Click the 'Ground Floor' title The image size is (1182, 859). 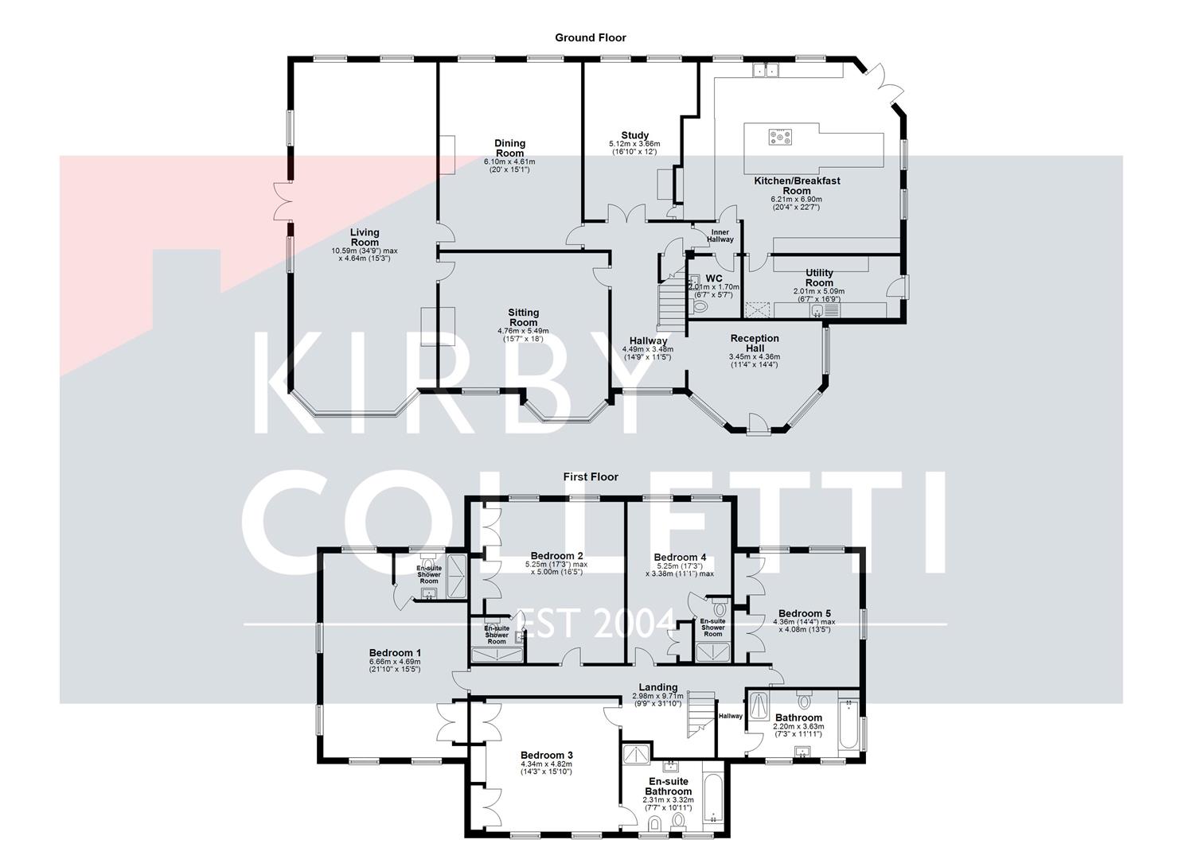[590, 37]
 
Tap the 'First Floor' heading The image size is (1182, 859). [591, 477]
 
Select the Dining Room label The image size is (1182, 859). [509, 149]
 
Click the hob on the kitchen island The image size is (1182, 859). [779, 138]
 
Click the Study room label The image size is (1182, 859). [634, 135]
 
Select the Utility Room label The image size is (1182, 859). [818, 278]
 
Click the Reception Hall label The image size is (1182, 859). [754, 344]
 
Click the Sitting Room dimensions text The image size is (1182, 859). [523, 335]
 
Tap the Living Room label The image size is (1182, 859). [365, 237]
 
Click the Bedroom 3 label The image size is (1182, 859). [546, 756]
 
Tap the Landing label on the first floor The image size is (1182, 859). [658, 687]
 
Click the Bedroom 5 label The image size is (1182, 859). [804, 613]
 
